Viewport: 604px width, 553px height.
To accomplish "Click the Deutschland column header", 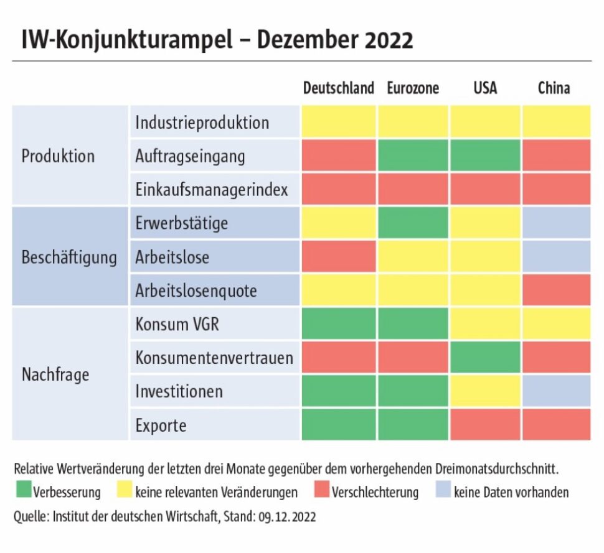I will point(338,88).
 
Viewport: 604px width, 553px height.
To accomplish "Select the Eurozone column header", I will point(412,88).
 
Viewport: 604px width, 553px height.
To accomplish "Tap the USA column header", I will point(485,88).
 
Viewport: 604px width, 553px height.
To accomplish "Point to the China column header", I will point(554,88).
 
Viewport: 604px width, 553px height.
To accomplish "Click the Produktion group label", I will point(58,156).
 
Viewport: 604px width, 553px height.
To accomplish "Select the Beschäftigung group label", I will point(69,257).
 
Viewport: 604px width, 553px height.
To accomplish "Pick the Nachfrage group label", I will point(55,374).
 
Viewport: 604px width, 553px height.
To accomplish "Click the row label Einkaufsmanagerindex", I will point(212,190).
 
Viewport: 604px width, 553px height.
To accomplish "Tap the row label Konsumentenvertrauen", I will point(214,358).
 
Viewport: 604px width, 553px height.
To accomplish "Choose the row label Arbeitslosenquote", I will point(196,290).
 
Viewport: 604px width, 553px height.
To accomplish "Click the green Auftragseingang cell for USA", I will point(485,156).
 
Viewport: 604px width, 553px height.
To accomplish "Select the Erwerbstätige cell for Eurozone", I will point(412,223).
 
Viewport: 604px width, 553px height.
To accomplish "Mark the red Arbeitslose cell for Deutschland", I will point(339,257).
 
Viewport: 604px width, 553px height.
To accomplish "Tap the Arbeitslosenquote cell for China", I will point(556,290).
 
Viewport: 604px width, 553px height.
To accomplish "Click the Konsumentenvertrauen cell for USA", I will point(485,358).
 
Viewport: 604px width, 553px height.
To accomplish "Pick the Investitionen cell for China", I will point(556,391).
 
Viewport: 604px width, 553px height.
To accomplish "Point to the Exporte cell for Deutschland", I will point(339,425).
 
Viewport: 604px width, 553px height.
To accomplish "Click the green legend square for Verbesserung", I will point(23,492).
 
